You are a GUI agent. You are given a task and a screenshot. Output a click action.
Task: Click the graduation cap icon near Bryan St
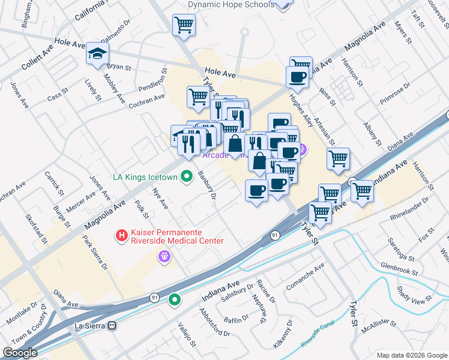[x=97, y=53]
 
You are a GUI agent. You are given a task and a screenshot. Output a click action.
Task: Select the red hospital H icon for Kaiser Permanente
[x=122, y=236]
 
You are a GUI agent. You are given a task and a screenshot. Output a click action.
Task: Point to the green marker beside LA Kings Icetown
[x=187, y=176]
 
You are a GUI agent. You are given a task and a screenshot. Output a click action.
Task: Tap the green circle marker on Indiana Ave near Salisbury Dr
[x=175, y=299]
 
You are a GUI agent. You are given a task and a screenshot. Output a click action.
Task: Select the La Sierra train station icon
[x=112, y=325]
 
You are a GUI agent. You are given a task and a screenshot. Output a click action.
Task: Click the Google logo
[x=20, y=353]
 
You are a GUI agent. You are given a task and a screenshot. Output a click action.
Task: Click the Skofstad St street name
[x=36, y=227]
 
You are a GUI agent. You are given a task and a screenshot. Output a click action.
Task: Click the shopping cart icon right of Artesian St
[x=339, y=159]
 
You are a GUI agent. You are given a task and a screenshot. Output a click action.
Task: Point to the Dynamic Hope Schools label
[x=231, y=4]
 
